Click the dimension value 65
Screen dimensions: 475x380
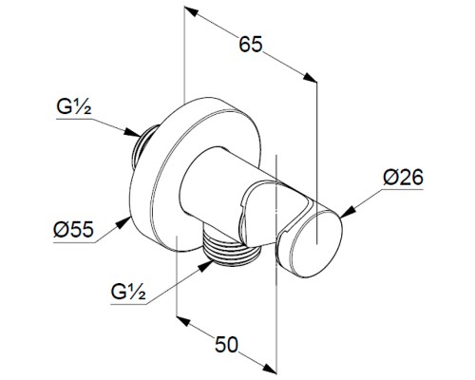click(x=251, y=45)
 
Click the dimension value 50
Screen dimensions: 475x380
click(x=226, y=344)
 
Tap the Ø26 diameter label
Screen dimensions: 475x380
click(x=403, y=178)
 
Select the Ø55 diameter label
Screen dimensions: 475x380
click(x=73, y=229)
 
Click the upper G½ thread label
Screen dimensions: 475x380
click(x=74, y=106)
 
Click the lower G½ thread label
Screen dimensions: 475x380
click(x=128, y=292)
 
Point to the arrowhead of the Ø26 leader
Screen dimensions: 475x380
click(x=346, y=212)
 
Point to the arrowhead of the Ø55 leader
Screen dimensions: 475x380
click(x=124, y=221)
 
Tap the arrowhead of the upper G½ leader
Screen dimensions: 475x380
click(x=132, y=132)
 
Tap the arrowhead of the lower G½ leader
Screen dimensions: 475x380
click(x=205, y=266)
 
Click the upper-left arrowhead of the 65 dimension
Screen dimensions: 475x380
click(x=191, y=11)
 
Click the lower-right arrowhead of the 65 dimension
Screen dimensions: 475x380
click(x=310, y=78)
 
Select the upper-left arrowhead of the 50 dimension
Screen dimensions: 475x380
click(x=183, y=320)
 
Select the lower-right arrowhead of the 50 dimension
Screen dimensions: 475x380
click(x=270, y=369)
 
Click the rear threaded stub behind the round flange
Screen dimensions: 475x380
click(x=145, y=145)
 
